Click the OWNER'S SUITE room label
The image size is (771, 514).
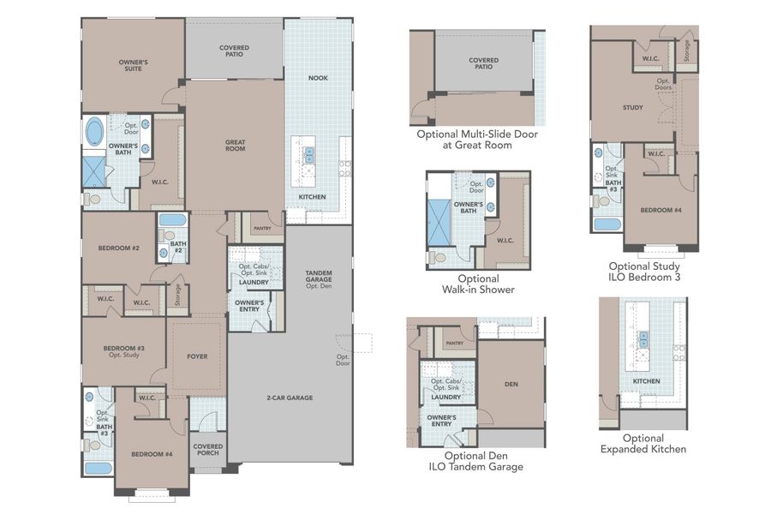point(133,65)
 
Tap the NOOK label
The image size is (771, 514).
point(318,78)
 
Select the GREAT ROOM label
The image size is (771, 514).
point(236,146)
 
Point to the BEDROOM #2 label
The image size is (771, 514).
point(118,248)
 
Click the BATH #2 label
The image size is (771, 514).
point(177,247)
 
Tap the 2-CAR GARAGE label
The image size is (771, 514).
point(289,397)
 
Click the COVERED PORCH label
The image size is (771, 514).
point(207,450)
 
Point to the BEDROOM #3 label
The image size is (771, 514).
point(123,351)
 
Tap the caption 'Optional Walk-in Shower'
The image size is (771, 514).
point(478,284)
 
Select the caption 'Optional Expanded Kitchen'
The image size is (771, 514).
point(643,443)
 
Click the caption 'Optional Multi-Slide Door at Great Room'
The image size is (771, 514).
point(476,140)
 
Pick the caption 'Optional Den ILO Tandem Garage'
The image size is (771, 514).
point(475,461)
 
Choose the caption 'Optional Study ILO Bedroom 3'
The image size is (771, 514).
point(644,272)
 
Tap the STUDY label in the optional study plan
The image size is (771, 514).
point(632,107)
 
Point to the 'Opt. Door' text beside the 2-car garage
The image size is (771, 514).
point(343,360)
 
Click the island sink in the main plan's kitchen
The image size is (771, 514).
point(308,155)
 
